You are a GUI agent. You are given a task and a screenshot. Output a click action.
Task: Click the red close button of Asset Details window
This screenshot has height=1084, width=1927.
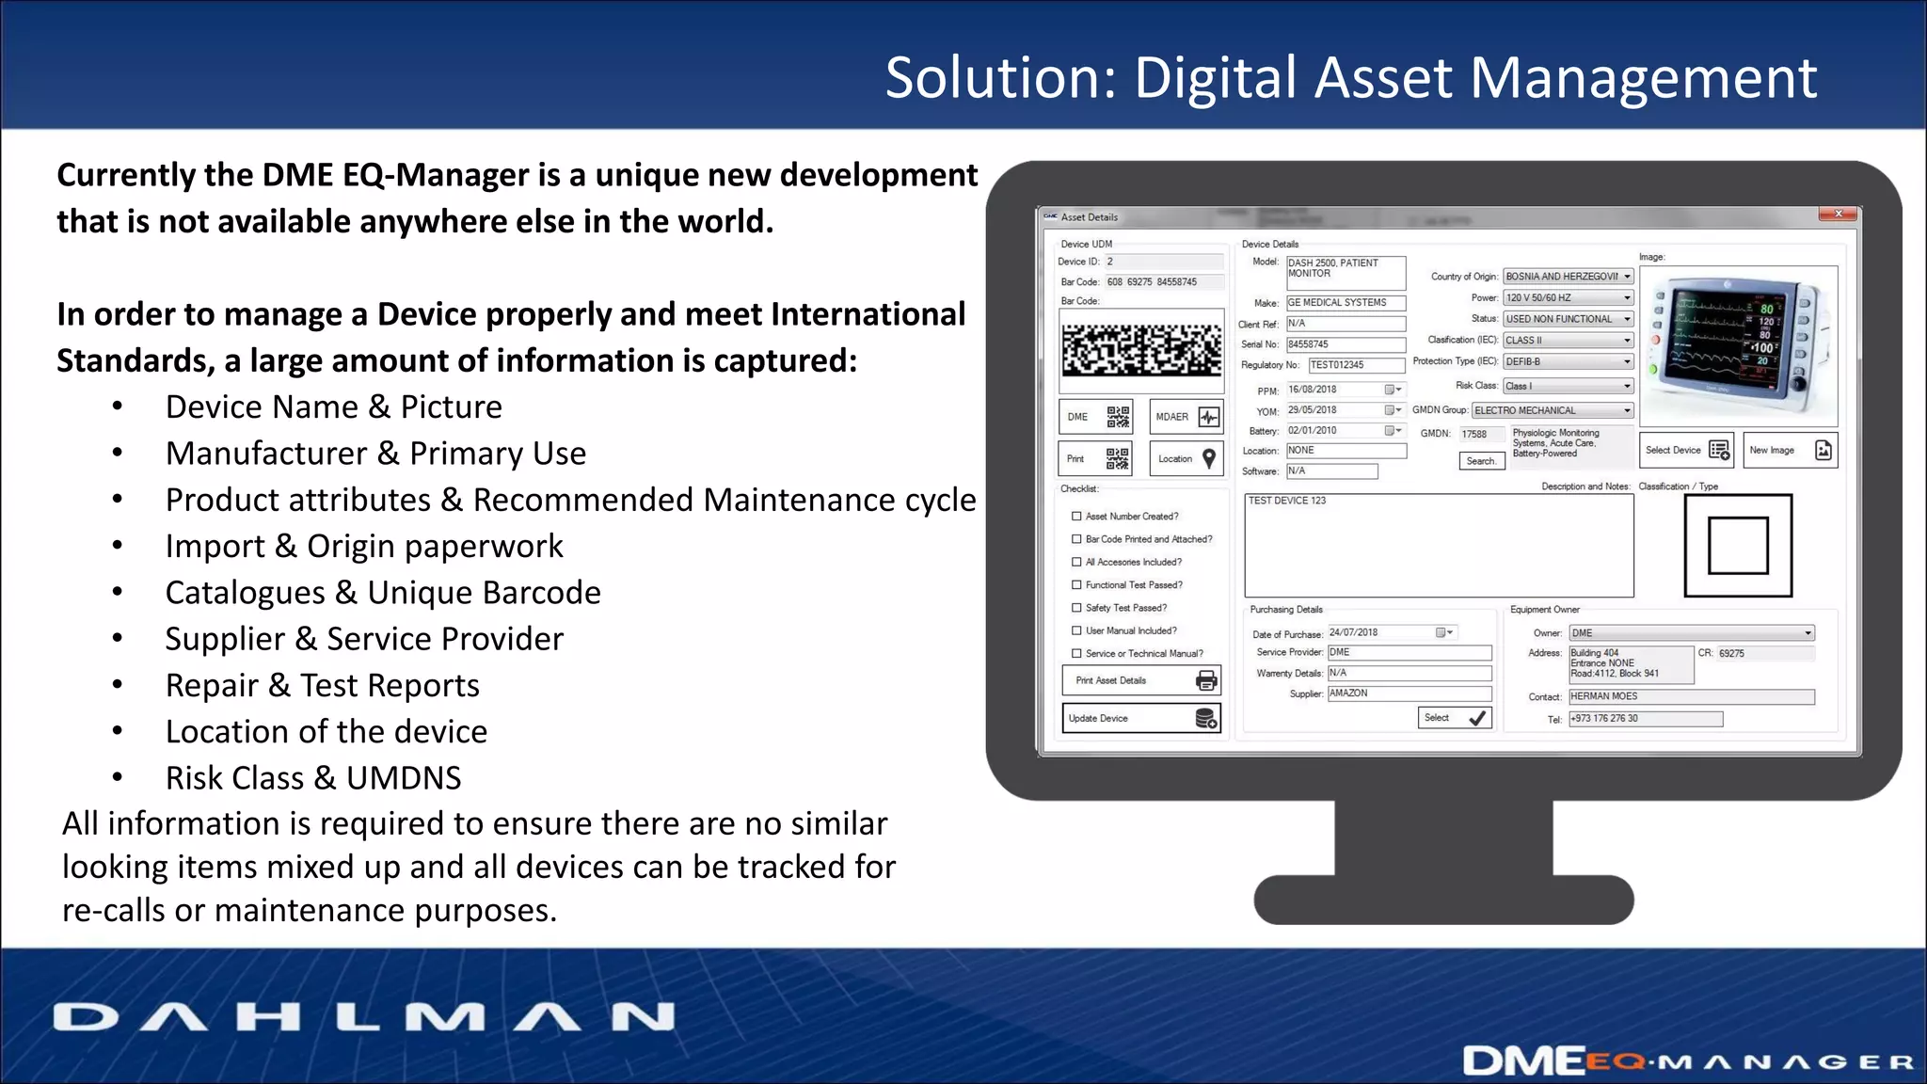coord(1837,215)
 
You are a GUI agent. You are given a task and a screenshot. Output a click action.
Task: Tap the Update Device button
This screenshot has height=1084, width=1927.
coord(1140,718)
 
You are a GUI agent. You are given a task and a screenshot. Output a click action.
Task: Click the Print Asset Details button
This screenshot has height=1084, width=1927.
coord(1140,680)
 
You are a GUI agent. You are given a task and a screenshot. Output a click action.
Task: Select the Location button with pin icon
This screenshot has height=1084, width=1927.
coord(1186,459)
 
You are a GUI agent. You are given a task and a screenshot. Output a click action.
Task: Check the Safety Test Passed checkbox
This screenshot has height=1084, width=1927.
coord(1076,608)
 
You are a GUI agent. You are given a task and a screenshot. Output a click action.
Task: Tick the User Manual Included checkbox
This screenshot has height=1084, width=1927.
coord(1076,630)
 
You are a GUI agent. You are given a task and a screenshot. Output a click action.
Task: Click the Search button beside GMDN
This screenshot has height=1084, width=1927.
coord(1481,461)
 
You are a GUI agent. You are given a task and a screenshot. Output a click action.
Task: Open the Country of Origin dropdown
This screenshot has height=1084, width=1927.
coord(1627,277)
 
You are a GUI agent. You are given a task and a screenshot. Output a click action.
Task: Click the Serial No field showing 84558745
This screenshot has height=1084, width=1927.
coord(1346,344)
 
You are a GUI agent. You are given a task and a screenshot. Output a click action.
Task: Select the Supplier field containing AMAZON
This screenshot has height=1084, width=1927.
coord(1409,693)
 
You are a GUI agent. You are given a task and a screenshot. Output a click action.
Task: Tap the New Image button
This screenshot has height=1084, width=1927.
coord(1790,451)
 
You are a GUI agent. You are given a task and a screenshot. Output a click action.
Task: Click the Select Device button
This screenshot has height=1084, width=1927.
coord(1687,451)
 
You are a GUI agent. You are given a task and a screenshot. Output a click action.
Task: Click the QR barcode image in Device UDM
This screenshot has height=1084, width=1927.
coord(1141,351)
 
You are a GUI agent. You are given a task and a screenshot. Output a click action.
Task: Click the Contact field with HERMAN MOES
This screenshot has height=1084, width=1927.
coord(1691,696)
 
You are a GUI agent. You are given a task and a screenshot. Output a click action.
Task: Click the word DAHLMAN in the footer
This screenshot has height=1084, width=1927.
coord(364,1017)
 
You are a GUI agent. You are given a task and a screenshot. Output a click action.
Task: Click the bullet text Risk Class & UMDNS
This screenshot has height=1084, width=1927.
coord(313,778)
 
